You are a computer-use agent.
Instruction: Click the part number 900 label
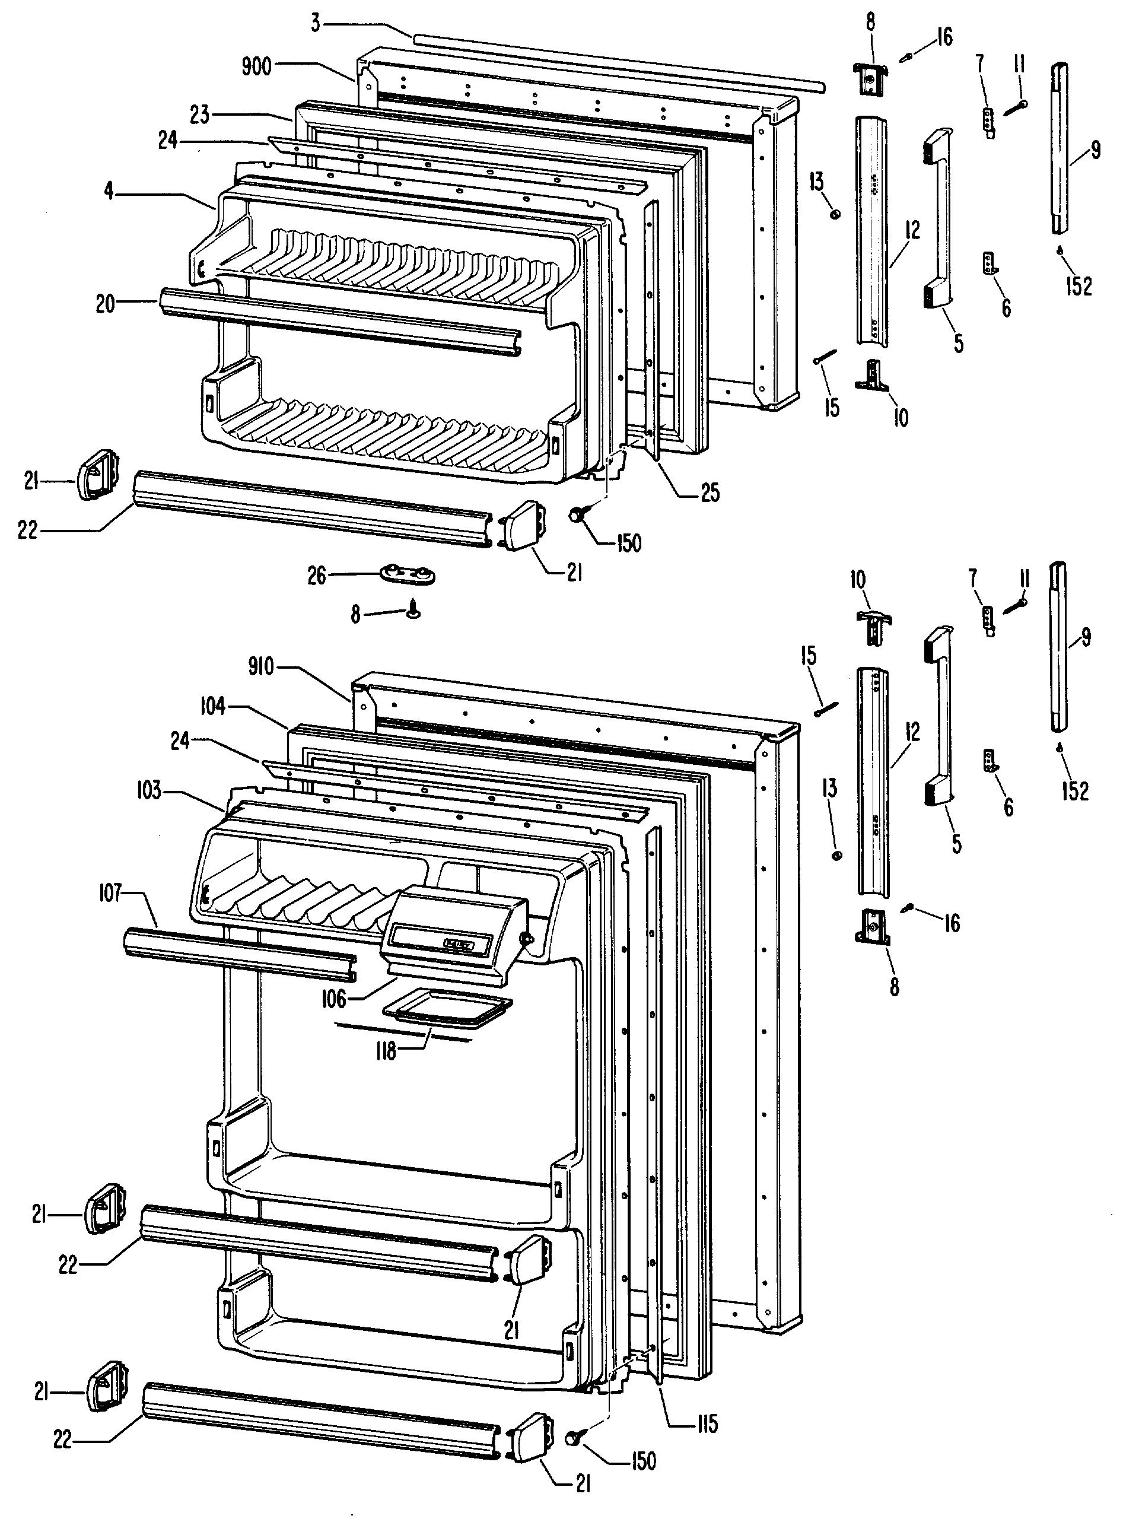(257, 66)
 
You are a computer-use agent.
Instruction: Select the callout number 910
(261, 666)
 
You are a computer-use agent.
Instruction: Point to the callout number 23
(200, 115)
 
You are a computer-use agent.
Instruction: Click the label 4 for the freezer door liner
(109, 190)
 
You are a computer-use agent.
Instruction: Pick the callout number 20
(106, 304)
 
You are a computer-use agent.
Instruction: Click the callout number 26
(317, 576)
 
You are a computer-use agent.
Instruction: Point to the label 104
(213, 706)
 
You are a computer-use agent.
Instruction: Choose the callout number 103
(148, 790)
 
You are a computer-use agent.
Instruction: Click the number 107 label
(110, 894)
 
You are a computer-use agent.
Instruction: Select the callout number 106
(335, 999)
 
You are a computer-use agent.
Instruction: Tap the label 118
(387, 1051)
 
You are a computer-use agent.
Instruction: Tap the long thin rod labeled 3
(618, 62)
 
